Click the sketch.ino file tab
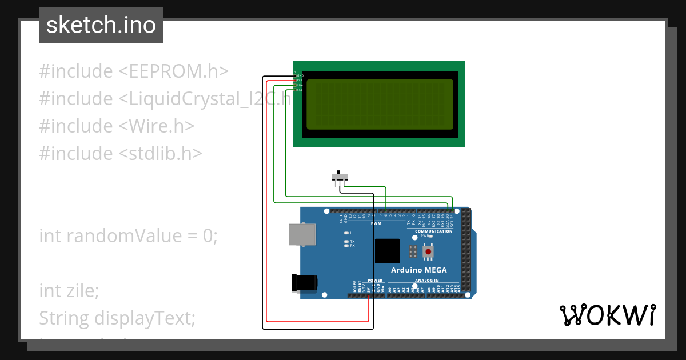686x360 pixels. click(101, 25)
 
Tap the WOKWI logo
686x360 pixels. click(607, 315)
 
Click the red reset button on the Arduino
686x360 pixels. click(428, 251)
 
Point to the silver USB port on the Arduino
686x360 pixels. click(302, 235)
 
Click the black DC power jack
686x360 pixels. click(303, 283)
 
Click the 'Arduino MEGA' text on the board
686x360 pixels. click(418, 270)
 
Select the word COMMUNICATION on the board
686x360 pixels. click(433, 231)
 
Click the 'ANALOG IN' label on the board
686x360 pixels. click(425, 281)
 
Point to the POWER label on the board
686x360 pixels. click(374, 281)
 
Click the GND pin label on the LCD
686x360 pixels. click(300, 75)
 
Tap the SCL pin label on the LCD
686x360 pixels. click(299, 90)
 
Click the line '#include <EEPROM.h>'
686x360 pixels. click(134, 71)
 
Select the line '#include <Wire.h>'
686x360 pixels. click(117, 126)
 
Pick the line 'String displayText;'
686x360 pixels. click(117, 318)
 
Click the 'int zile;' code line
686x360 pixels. click(69, 291)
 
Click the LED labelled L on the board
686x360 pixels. click(346, 233)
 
